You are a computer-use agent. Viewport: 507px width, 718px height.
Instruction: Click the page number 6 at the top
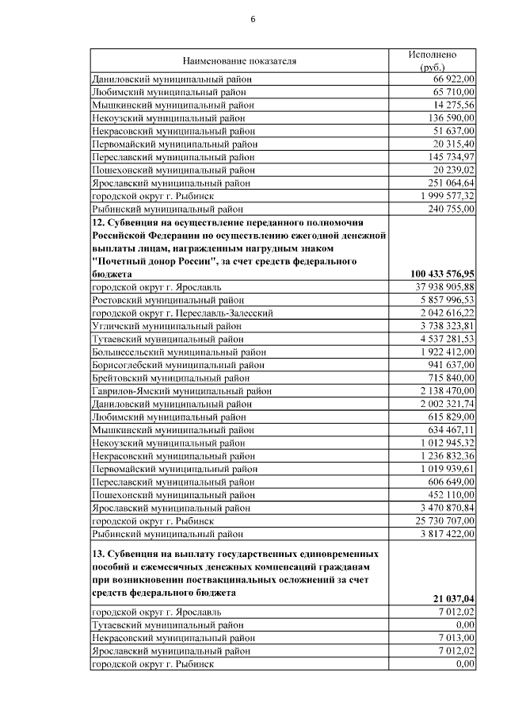[253, 19]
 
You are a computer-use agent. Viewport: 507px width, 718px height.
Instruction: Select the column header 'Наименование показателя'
[239, 60]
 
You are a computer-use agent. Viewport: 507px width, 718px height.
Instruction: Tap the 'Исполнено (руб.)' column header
[433, 60]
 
